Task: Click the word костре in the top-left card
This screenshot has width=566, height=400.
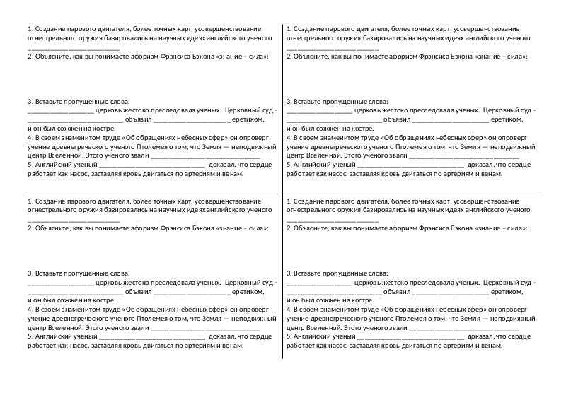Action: click(x=83, y=129)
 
